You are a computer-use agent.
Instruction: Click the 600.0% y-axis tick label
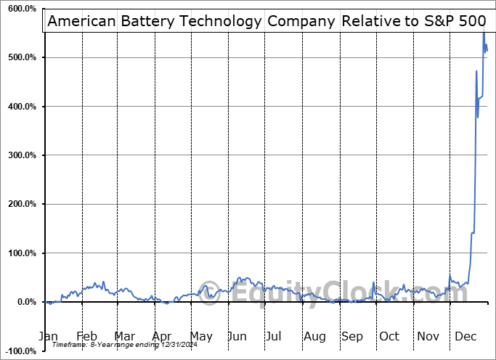click(20, 9)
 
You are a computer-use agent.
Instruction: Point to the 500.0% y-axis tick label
click(20, 57)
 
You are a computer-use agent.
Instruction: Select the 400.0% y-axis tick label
click(20, 107)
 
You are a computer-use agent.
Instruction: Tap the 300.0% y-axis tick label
click(20, 155)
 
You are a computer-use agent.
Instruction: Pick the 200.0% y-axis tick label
click(20, 205)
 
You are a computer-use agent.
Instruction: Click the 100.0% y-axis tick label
click(20, 253)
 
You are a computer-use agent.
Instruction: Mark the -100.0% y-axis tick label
click(19, 351)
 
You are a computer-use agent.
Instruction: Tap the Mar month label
click(125, 336)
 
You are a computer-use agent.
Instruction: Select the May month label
click(201, 336)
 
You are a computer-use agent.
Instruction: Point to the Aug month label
click(315, 336)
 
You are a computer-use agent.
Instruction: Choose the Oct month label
click(389, 336)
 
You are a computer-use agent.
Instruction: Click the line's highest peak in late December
click(484, 32)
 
